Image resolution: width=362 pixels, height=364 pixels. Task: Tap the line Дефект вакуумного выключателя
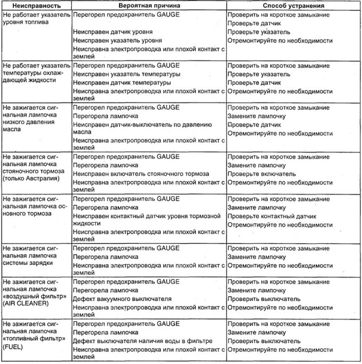coord(122,299)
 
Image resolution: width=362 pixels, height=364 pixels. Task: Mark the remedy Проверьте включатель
coord(262,174)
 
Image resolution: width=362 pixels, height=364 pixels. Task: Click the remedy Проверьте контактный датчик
coord(272,216)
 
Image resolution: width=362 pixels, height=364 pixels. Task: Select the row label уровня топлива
coord(23,21)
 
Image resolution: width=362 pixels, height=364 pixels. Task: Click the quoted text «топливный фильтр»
coord(28,339)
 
